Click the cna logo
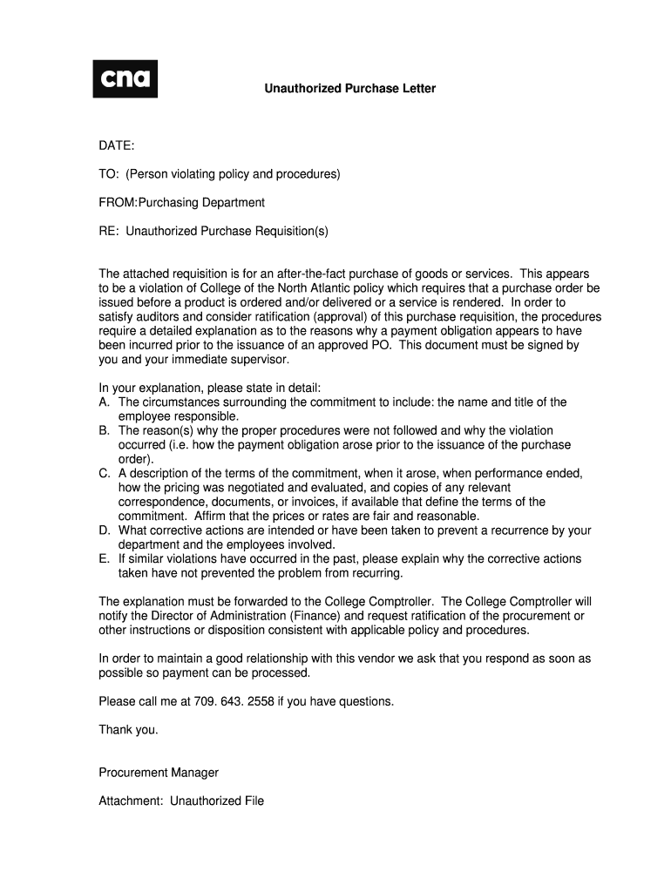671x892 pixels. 125,78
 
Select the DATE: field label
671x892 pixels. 117,146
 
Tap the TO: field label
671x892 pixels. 109,174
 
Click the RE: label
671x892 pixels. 109,231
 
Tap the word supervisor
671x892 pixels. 259,359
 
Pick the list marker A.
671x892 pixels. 104,402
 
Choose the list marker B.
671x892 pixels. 104,430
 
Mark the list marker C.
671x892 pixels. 104,473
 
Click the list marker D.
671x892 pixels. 104,530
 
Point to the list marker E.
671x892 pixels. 104,558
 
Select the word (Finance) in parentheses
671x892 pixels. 315,616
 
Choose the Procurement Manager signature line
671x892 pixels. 159,773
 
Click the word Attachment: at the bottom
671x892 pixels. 132,801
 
